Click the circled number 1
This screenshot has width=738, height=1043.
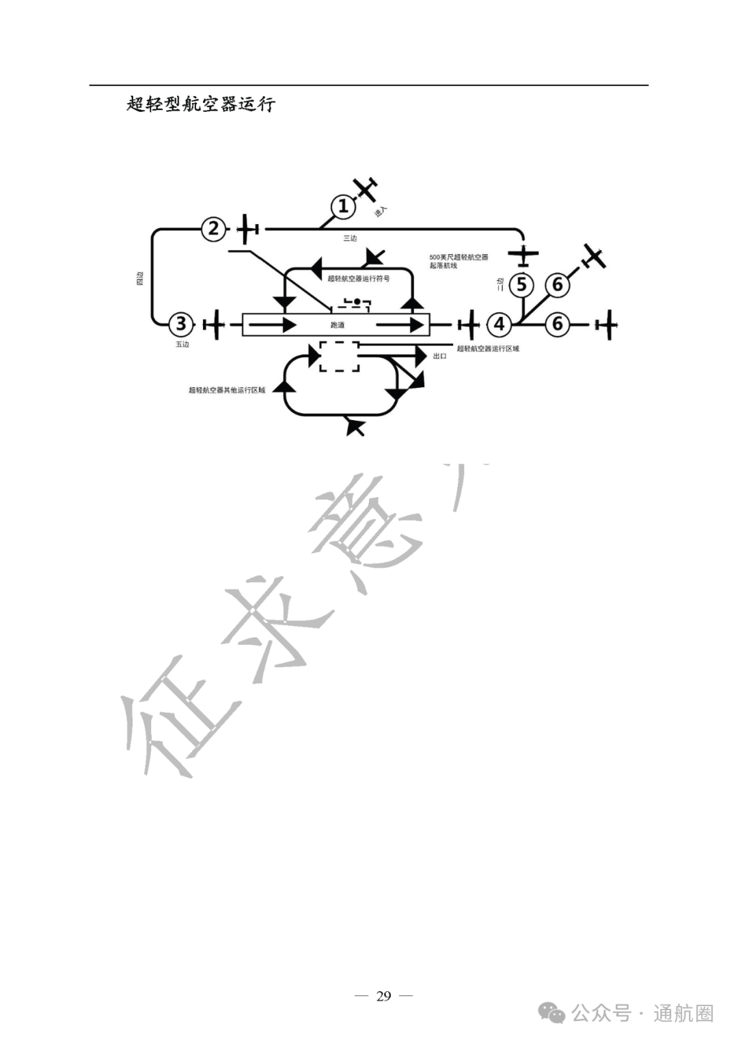[x=344, y=206]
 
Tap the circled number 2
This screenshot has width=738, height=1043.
[x=214, y=229]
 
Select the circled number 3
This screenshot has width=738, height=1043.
[x=181, y=324]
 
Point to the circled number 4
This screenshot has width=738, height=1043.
[x=500, y=324]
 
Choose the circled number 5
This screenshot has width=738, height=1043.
[x=522, y=284]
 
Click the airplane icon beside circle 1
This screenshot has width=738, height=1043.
[x=366, y=188]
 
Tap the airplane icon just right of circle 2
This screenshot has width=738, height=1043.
[x=247, y=229]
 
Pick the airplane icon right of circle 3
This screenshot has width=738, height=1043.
[x=215, y=324]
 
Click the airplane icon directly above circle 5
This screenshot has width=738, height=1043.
[x=523, y=255]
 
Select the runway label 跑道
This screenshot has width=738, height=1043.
[x=338, y=325]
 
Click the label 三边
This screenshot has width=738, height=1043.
[x=350, y=238]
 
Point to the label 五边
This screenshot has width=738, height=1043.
[x=182, y=344]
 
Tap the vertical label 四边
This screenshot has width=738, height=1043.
[x=140, y=278]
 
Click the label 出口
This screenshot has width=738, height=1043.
[x=439, y=357]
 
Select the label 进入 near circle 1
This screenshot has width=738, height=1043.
[x=381, y=212]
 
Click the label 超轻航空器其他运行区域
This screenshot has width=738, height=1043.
[x=227, y=390]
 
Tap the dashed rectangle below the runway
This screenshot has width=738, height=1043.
[x=340, y=357]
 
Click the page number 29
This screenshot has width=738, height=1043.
[x=383, y=996]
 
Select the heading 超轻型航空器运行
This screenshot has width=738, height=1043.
[x=201, y=105]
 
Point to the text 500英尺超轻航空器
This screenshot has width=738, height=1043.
[x=459, y=258]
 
